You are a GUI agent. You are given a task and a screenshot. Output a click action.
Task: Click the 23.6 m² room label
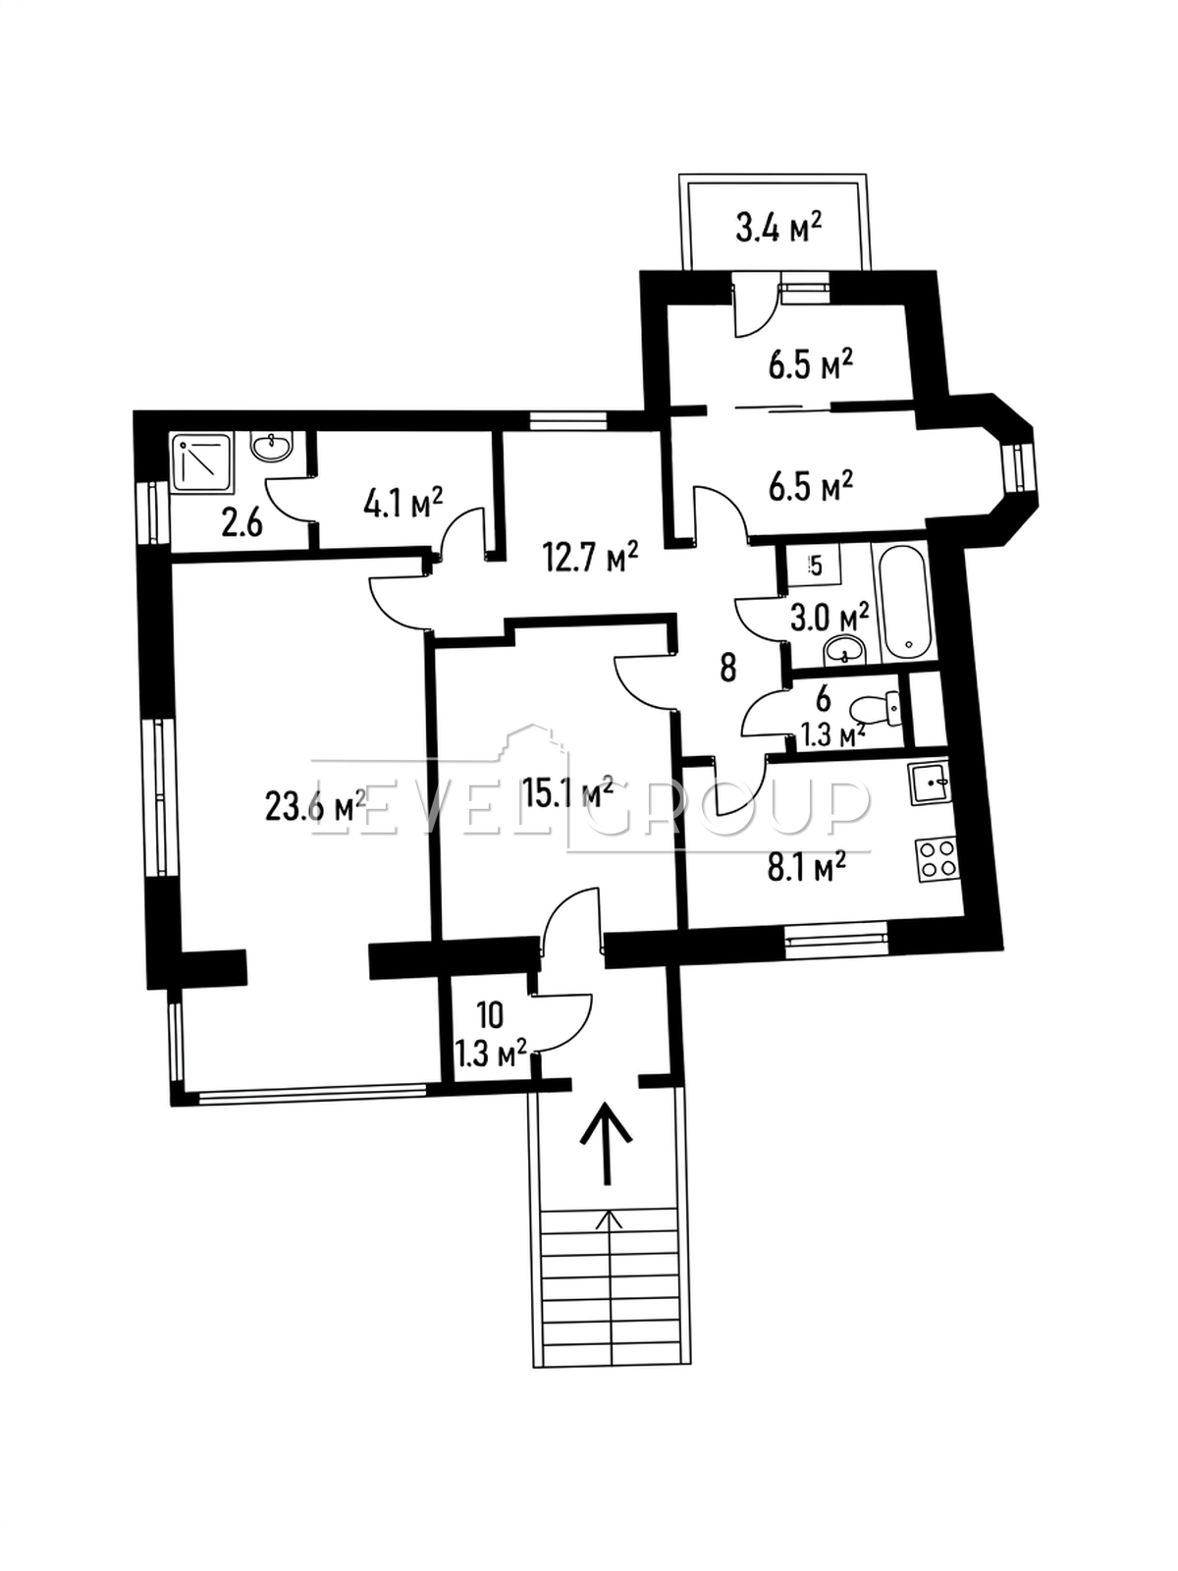(315, 807)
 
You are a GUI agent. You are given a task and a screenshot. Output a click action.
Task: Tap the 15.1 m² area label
(567, 791)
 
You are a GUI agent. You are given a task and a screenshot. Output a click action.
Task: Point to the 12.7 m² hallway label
(590, 558)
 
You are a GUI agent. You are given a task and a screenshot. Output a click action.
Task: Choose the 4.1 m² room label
(403, 503)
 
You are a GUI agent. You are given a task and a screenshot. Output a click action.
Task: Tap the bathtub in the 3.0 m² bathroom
(906, 601)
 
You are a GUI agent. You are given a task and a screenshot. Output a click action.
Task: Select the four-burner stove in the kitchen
(937, 859)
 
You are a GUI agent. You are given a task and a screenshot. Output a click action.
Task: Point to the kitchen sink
(929, 785)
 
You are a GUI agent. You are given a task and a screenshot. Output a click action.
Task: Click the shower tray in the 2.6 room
(202, 462)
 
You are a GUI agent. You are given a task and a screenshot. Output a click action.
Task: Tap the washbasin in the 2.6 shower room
(271, 448)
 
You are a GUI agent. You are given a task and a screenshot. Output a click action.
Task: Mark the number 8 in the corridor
(728, 669)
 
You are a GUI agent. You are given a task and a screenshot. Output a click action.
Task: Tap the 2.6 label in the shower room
(241, 524)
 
